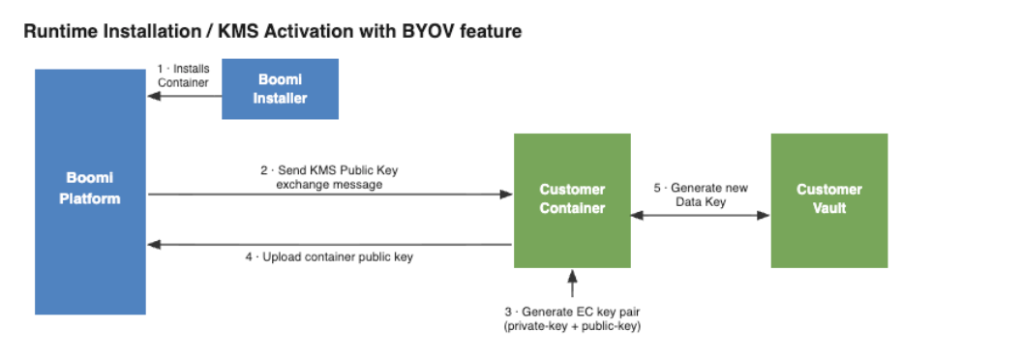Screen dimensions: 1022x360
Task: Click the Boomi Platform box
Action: click(x=91, y=192)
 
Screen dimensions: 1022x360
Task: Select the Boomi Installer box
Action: click(x=281, y=89)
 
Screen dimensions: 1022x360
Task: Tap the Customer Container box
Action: click(x=572, y=200)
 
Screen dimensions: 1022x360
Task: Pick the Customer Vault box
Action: click(x=829, y=200)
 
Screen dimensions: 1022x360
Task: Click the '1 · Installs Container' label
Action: click(x=183, y=75)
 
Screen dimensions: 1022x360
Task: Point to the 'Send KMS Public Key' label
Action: click(x=329, y=171)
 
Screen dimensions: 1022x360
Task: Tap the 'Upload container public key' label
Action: click(x=329, y=257)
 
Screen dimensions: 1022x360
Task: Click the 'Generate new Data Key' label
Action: click(x=701, y=195)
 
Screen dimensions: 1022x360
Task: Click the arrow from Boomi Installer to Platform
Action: click(x=185, y=97)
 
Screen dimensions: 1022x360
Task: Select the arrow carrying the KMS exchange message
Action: click(x=330, y=194)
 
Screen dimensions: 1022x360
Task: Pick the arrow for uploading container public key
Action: click(x=330, y=245)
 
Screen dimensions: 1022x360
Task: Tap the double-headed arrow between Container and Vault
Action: click(x=701, y=215)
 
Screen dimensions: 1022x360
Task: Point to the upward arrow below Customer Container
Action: click(x=572, y=284)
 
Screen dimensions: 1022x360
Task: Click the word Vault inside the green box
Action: click(x=829, y=209)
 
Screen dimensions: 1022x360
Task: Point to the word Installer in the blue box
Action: click(x=281, y=99)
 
